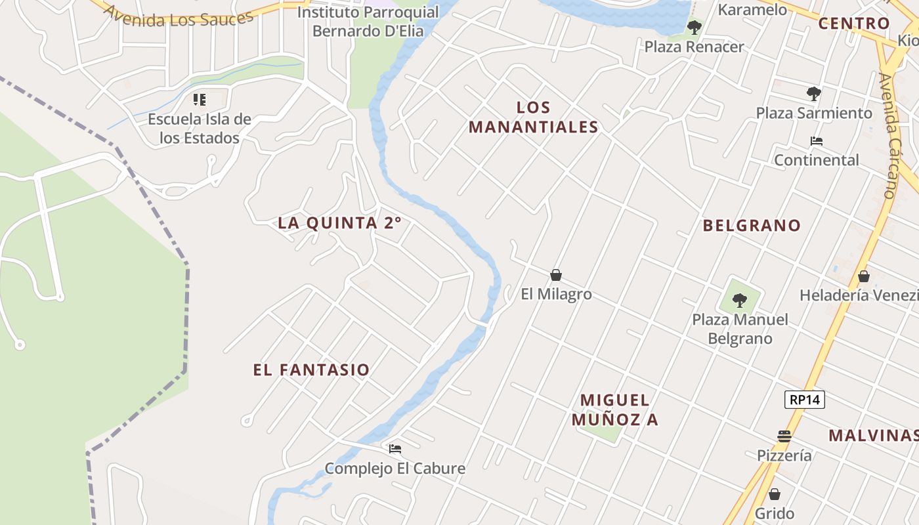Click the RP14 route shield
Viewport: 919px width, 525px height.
[x=804, y=399]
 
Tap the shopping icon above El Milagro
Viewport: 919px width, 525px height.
[x=556, y=275]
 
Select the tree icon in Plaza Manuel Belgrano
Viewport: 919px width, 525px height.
[x=740, y=301]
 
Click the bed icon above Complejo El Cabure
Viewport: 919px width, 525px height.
[x=395, y=449]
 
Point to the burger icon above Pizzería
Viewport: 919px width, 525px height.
[x=784, y=436]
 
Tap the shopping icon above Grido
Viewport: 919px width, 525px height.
[x=775, y=494]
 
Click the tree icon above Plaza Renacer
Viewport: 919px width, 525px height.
[x=694, y=28]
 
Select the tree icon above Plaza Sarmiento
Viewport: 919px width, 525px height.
[x=814, y=94]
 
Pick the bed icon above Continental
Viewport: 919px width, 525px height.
[x=817, y=141]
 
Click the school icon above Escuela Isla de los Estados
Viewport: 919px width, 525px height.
[x=200, y=100]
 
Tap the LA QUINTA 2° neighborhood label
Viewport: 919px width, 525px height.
[x=339, y=223]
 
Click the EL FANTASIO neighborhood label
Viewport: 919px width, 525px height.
[x=311, y=370]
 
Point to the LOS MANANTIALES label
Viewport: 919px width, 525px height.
[x=533, y=117]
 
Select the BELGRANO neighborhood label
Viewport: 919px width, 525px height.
[x=752, y=226]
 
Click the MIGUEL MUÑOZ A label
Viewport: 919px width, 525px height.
[x=614, y=409]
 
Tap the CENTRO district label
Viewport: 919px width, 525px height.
[x=853, y=24]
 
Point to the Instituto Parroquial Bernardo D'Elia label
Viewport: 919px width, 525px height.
[x=368, y=22]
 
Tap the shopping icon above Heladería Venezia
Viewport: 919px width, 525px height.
[x=863, y=276]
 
